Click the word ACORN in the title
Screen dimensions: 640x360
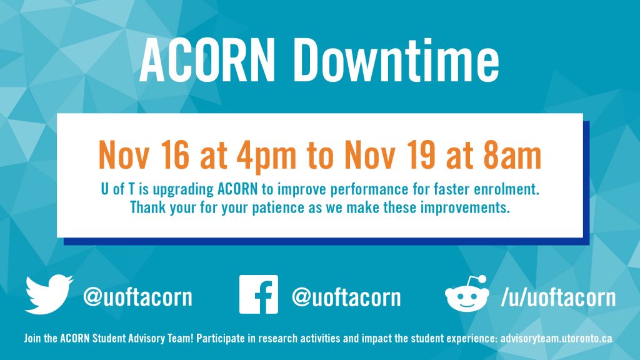(207, 61)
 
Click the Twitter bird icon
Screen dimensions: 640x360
(49, 294)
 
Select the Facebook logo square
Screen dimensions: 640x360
(258, 294)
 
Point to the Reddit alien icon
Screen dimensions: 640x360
(467, 294)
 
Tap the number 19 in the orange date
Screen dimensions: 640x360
(421, 155)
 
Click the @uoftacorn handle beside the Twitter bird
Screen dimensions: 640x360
(137, 297)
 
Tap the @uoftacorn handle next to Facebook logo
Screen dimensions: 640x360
(346, 297)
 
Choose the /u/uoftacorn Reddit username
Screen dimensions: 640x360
(558, 297)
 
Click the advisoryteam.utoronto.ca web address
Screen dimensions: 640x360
(556, 339)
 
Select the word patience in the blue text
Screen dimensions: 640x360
(278, 207)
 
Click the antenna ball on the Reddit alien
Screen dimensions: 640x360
(482, 279)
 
